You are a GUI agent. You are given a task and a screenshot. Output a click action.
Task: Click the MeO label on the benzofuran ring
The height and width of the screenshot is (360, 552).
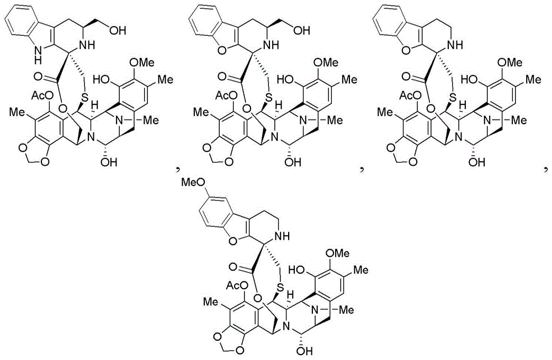[193, 183]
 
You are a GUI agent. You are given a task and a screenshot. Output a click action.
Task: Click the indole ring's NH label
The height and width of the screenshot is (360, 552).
[38, 56]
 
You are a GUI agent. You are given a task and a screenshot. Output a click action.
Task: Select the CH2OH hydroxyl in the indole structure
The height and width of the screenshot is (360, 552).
[118, 30]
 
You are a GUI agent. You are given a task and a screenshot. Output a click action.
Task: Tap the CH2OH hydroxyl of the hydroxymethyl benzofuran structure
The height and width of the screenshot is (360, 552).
[302, 30]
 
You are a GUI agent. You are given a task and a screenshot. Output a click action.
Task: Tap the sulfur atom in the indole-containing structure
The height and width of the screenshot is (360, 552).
[84, 97]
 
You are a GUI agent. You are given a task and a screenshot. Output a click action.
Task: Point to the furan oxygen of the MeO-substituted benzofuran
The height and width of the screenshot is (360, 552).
[233, 241]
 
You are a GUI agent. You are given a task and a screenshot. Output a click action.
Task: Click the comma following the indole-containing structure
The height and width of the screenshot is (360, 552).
[178, 170]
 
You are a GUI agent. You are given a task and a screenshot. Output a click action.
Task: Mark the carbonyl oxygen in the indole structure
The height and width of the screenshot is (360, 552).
[39, 76]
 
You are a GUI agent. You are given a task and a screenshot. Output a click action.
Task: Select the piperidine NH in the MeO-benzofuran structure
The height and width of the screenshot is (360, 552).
[282, 236]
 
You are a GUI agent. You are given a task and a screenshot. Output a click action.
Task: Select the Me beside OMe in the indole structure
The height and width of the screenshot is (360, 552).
[164, 80]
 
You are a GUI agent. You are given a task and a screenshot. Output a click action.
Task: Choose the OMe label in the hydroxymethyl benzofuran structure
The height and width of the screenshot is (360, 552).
[326, 62]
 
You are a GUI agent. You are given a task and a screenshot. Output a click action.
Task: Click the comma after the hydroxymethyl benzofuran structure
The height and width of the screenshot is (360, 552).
[362, 170]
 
